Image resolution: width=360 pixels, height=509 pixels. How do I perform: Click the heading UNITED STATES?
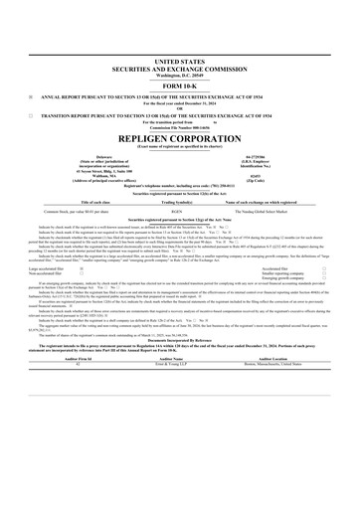pos(179,62)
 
